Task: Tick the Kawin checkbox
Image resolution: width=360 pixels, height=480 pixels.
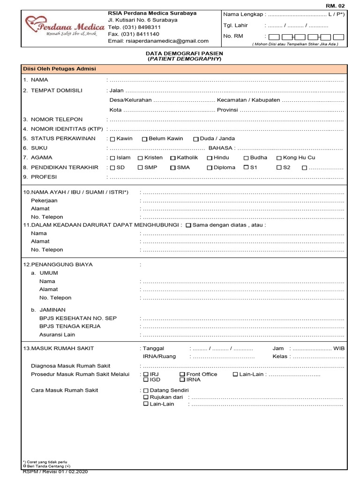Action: point(112,139)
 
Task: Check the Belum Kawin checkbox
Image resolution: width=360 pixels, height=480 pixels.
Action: point(144,139)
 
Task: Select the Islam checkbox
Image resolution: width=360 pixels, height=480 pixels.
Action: point(112,158)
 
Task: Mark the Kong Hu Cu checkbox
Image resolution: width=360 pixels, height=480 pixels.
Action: point(279,158)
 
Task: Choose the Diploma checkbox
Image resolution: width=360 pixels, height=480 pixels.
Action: point(210,168)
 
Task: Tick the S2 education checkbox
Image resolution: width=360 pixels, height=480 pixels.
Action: point(279,167)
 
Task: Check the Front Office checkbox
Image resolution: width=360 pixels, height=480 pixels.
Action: point(182,375)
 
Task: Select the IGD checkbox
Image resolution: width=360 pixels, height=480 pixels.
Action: point(146,380)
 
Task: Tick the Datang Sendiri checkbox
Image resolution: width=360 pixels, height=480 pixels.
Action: point(146,390)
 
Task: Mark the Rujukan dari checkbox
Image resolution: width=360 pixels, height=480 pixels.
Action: point(146,397)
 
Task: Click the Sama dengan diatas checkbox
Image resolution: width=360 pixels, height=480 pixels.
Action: point(188,225)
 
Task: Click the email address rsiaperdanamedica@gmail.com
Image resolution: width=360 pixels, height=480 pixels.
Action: point(158,41)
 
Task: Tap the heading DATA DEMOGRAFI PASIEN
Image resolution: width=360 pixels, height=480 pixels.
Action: point(184,54)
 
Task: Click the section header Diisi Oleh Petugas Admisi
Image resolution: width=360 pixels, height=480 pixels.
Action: point(60,69)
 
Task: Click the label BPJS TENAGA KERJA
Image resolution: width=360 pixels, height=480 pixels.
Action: point(70,326)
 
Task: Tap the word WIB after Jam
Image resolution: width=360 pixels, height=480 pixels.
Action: point(338,348)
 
